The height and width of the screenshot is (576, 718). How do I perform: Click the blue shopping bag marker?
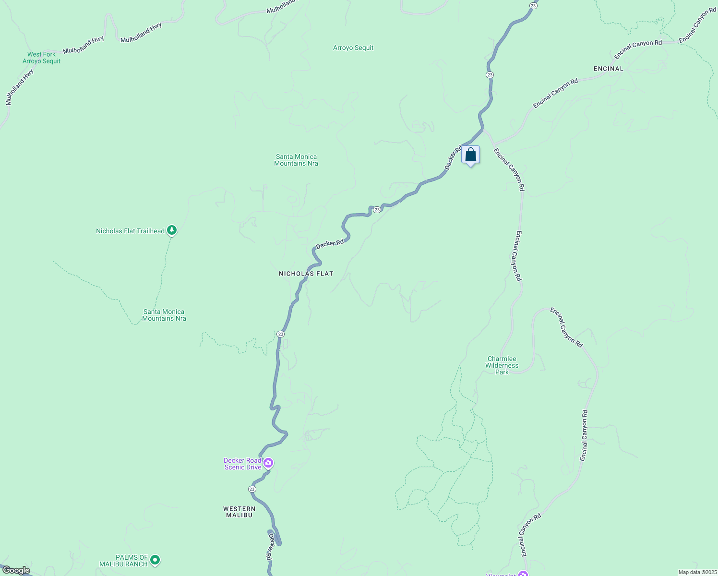point(471,155)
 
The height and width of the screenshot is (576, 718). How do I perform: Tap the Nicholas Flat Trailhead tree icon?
point(172,231)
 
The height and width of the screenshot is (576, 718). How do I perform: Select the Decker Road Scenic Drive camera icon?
point(268,463)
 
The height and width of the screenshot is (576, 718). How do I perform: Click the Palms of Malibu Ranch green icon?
point(155,560)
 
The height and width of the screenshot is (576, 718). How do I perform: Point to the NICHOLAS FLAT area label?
point(306,274)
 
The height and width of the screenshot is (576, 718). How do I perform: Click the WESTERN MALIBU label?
point(239,512)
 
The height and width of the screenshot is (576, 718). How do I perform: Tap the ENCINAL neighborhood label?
point(608,69)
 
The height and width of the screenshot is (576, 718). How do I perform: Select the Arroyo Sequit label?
point(353,48)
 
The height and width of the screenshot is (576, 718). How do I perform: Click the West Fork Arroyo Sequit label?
point(41,58)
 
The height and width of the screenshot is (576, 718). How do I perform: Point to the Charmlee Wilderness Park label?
point(502,365)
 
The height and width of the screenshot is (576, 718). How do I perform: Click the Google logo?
point(15,570)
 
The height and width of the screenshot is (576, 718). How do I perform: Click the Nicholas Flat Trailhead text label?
point(130,231)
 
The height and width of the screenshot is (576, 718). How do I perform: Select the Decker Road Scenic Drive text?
point(243,464)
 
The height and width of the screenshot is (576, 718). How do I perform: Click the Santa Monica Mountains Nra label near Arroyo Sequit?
point(296,160)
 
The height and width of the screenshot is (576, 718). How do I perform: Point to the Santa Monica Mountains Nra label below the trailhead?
point(164,315)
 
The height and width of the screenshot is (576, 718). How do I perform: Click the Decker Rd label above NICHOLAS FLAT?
point(330,244)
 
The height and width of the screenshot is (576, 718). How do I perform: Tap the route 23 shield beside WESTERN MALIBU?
point(252,489)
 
